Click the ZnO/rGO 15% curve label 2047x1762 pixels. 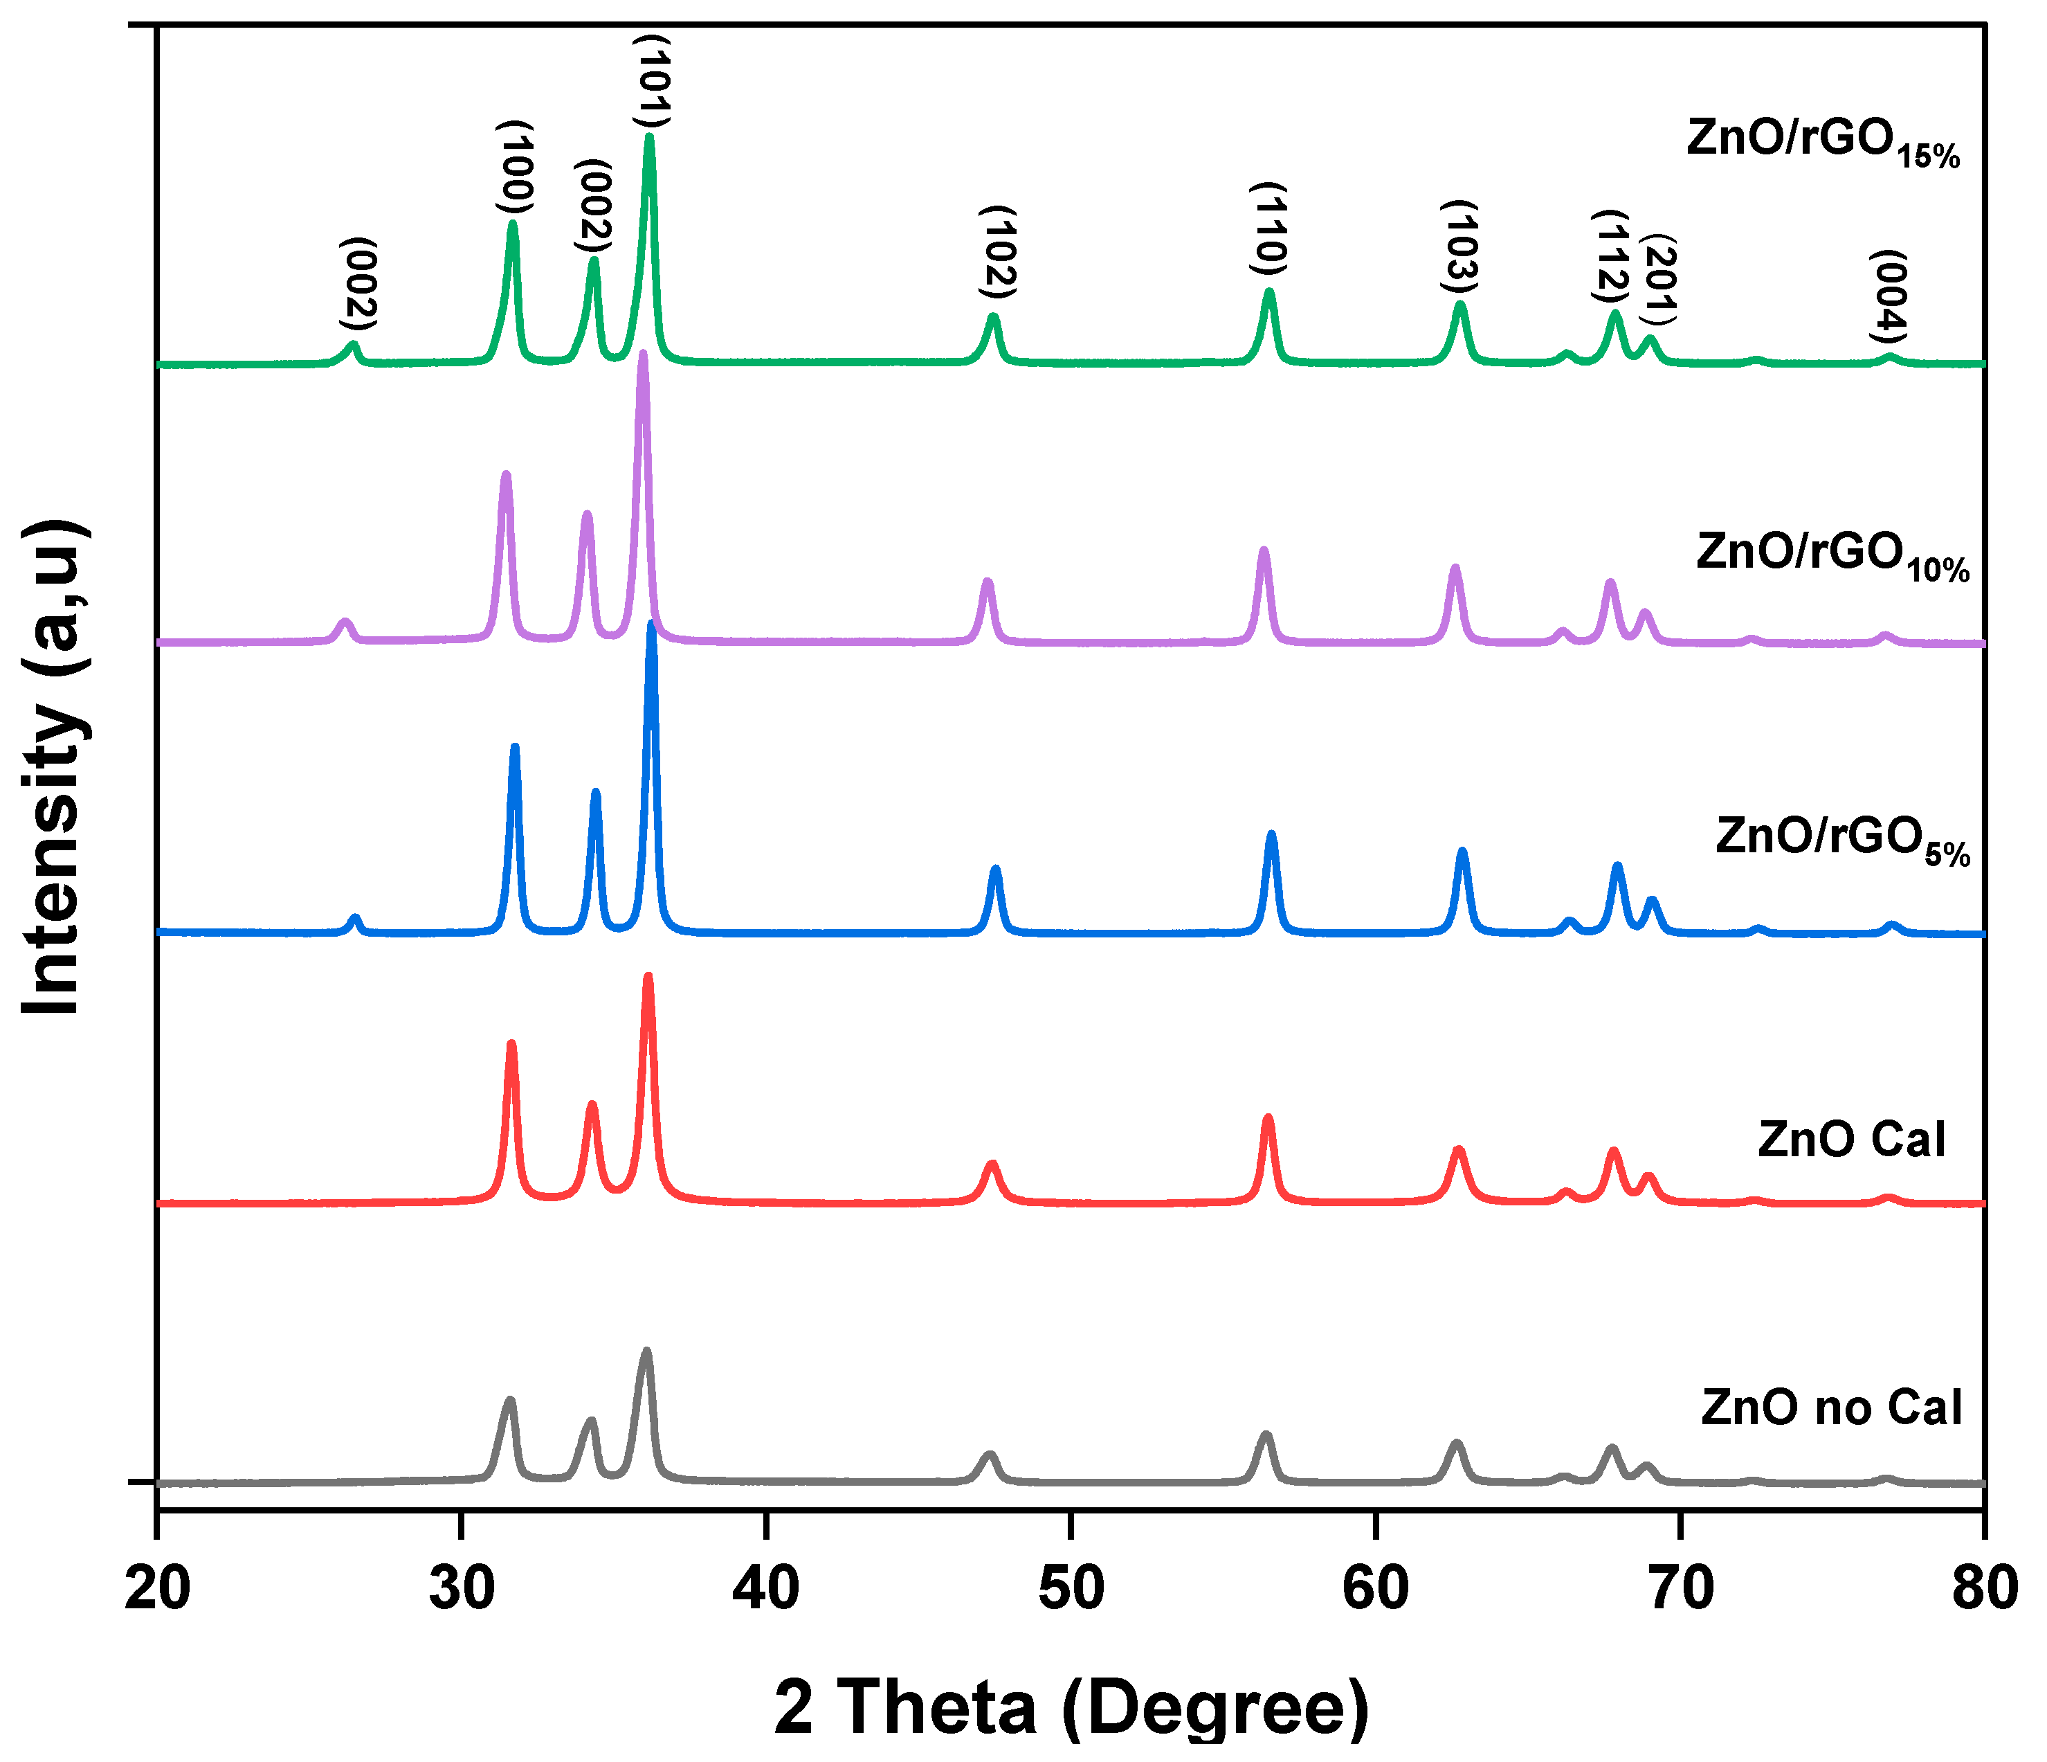tap(1823, 141)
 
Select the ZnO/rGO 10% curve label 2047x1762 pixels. tap(1832, 555)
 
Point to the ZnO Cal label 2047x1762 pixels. tap(1851, 1140)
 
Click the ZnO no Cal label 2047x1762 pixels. tap(1830, 1408)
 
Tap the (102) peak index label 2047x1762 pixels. tap(999, 252)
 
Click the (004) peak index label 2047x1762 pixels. tap(1889, 296)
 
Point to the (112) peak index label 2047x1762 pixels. tap(1611, 257)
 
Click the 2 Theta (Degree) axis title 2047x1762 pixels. tap(1071, 1707)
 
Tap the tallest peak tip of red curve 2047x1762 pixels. tap(648, 978)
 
